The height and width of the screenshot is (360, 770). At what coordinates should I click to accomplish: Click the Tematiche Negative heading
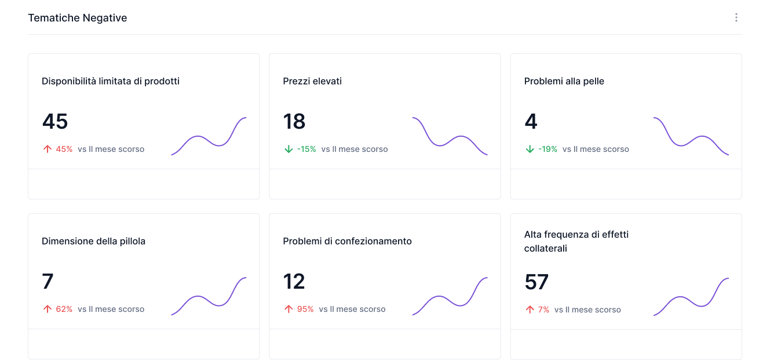(x=78, y=18)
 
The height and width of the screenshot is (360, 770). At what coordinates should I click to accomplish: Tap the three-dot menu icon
(x=736, y=18)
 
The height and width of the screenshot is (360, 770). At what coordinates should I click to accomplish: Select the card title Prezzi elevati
(x=312, y=81)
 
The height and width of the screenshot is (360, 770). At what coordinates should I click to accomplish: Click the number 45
(x=55, y=122)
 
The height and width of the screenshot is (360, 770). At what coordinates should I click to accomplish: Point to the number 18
(x=294, y=122)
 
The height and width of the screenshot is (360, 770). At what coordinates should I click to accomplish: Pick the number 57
(x=537, y=282)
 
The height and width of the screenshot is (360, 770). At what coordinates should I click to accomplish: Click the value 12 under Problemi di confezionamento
(x=294, y=282)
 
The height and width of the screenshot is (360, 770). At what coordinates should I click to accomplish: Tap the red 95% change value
(x=305, y=309)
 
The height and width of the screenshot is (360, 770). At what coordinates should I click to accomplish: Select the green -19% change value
(x=548, y=149)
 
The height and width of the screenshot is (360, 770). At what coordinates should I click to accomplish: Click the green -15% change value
(x=306, y=149)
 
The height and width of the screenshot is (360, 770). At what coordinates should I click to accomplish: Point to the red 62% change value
(x=64, y=309)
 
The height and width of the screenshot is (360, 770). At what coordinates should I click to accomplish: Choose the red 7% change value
(x=543, y=310)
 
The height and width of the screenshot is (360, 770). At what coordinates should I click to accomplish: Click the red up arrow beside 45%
(x=48, y=149)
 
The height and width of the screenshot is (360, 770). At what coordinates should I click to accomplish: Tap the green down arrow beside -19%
(x=530, y=149)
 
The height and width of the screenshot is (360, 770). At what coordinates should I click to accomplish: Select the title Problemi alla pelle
(x=564, y=81)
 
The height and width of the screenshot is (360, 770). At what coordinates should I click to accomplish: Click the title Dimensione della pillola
(x=94, y=241)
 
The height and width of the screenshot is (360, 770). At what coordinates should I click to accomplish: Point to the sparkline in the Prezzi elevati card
(x=450, y=137)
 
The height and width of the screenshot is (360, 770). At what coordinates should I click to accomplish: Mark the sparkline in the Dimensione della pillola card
(x=209, y=296)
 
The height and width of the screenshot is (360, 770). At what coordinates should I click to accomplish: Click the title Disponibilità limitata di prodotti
(x=111, y=81)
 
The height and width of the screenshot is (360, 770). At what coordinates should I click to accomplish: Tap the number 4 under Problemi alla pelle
(x=531, y=122)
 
